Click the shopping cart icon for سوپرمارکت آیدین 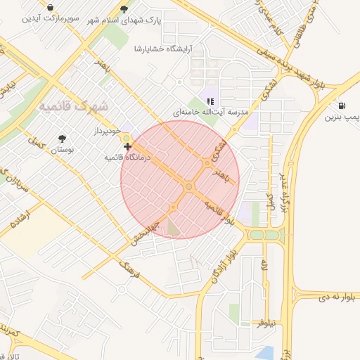tap(51, 7)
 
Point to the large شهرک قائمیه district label tap(74, 107)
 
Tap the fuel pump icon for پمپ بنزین tap(342, 104)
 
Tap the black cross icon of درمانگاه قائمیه tap(127, 146)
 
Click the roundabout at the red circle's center tap(188, 186)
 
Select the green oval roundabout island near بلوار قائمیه tap(265, 235)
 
